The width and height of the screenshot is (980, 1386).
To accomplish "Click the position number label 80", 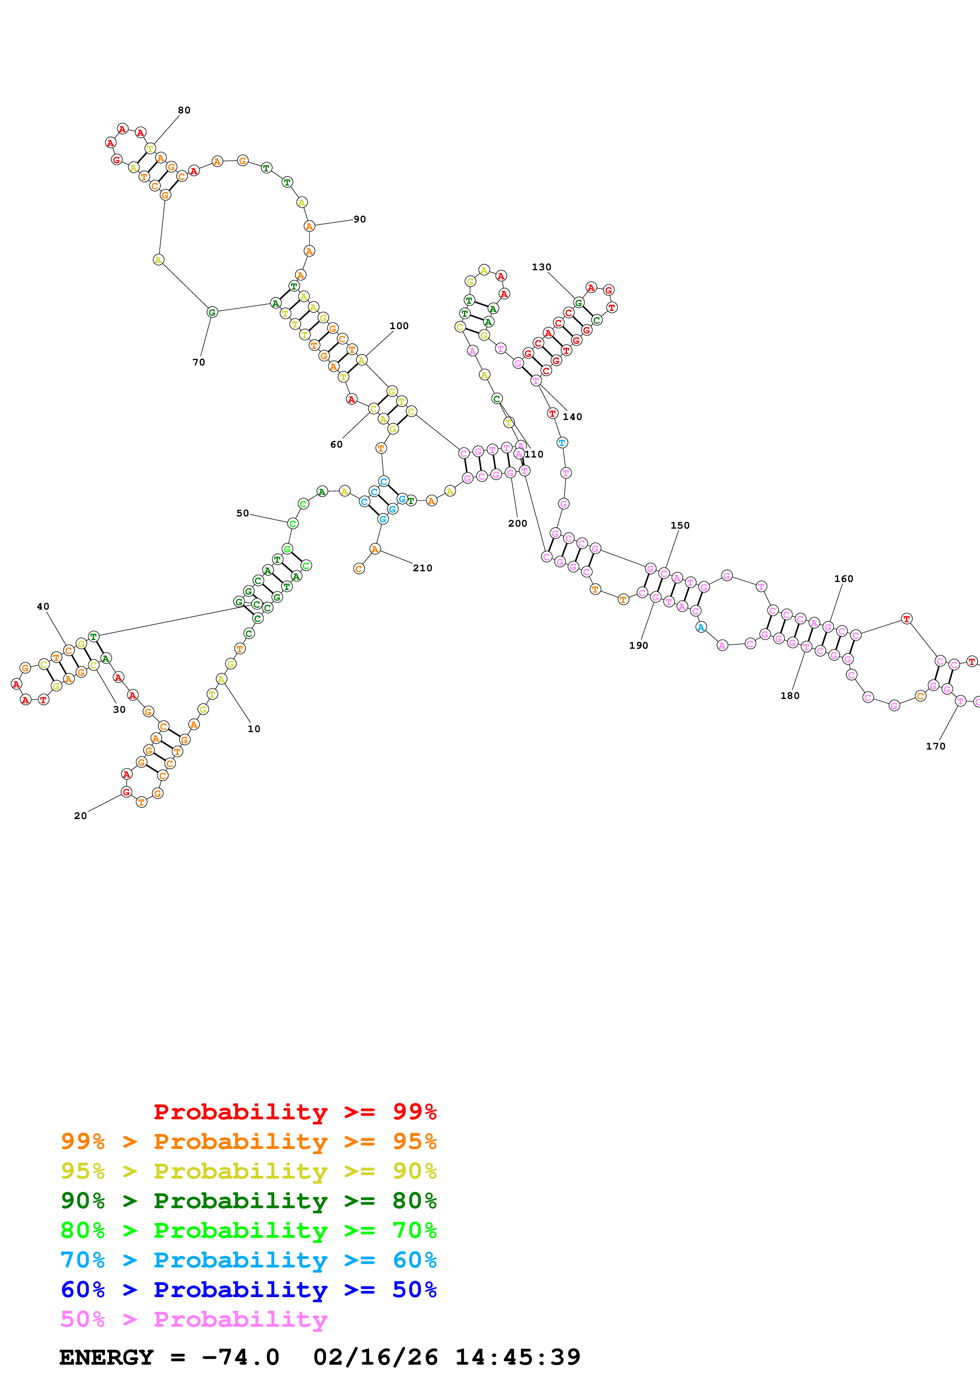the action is (x=184, y=110).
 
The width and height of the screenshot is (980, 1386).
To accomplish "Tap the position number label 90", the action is (x=360, y=219).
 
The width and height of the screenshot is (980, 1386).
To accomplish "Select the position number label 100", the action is (x=399, y=326).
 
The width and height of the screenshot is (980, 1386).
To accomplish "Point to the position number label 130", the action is (x=542, y=267).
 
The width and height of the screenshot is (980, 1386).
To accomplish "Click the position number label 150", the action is (x=680, y=525).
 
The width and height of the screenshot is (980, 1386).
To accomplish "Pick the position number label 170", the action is (x=936, y=746).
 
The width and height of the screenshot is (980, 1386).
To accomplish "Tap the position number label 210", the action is (x=423, y=568).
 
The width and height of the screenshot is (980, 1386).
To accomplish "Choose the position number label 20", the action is (x=80, y=815).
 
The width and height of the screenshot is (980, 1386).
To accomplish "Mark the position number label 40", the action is (x=43, y=607).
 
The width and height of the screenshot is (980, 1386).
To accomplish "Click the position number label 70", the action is (x=199, y=362).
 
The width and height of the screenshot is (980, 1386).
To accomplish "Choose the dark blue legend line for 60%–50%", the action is (x=249, y=1290).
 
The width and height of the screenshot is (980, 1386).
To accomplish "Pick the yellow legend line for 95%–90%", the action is (x=249, y=1171).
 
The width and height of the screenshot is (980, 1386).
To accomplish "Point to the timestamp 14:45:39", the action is (x=517, y=1357).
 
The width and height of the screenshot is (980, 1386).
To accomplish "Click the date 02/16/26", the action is (x=376, y=1357).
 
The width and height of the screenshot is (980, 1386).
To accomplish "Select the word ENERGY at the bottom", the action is (x=106, y=1357).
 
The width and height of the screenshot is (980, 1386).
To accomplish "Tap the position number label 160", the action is (x=844, y=579).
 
